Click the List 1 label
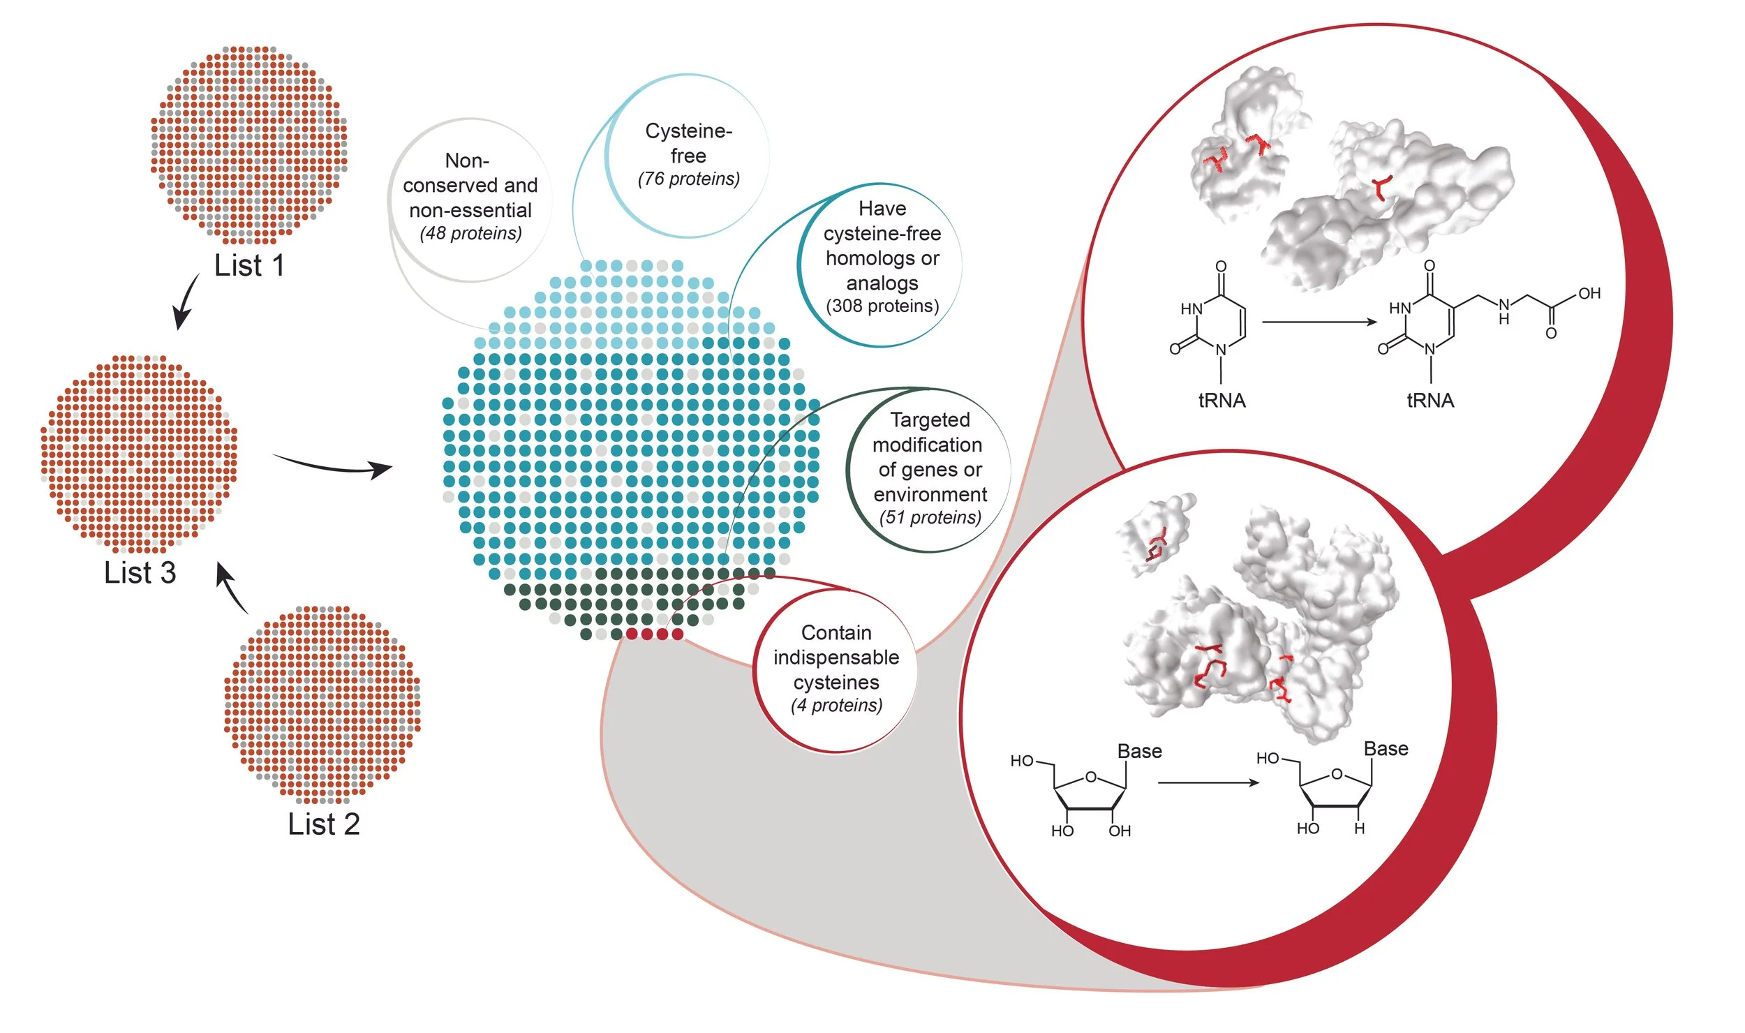[x=249, y=266]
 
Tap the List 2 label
[x=323, y=824]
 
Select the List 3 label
[x=140, y=573]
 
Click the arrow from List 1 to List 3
[x=185, y=302]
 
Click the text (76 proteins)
[x=688, y=179]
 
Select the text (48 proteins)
[x=470, y=233]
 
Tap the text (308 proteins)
[x=882, y=306]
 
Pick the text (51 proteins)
[x=930, y=518]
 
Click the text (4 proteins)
[x=836, y=706]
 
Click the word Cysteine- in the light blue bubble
[x=688, y=131]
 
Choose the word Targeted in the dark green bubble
[x=930, y=420]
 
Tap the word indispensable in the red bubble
[x=836, y=657]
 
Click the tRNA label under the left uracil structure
[x=1221, y=401]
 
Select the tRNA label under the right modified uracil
[x=1430, y=401]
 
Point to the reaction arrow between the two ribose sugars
[x=1208, y=783]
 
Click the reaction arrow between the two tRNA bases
[x=1319, y=322]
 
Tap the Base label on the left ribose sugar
[x=1140, y=752]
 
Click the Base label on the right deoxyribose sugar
[x=1386, y=749]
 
